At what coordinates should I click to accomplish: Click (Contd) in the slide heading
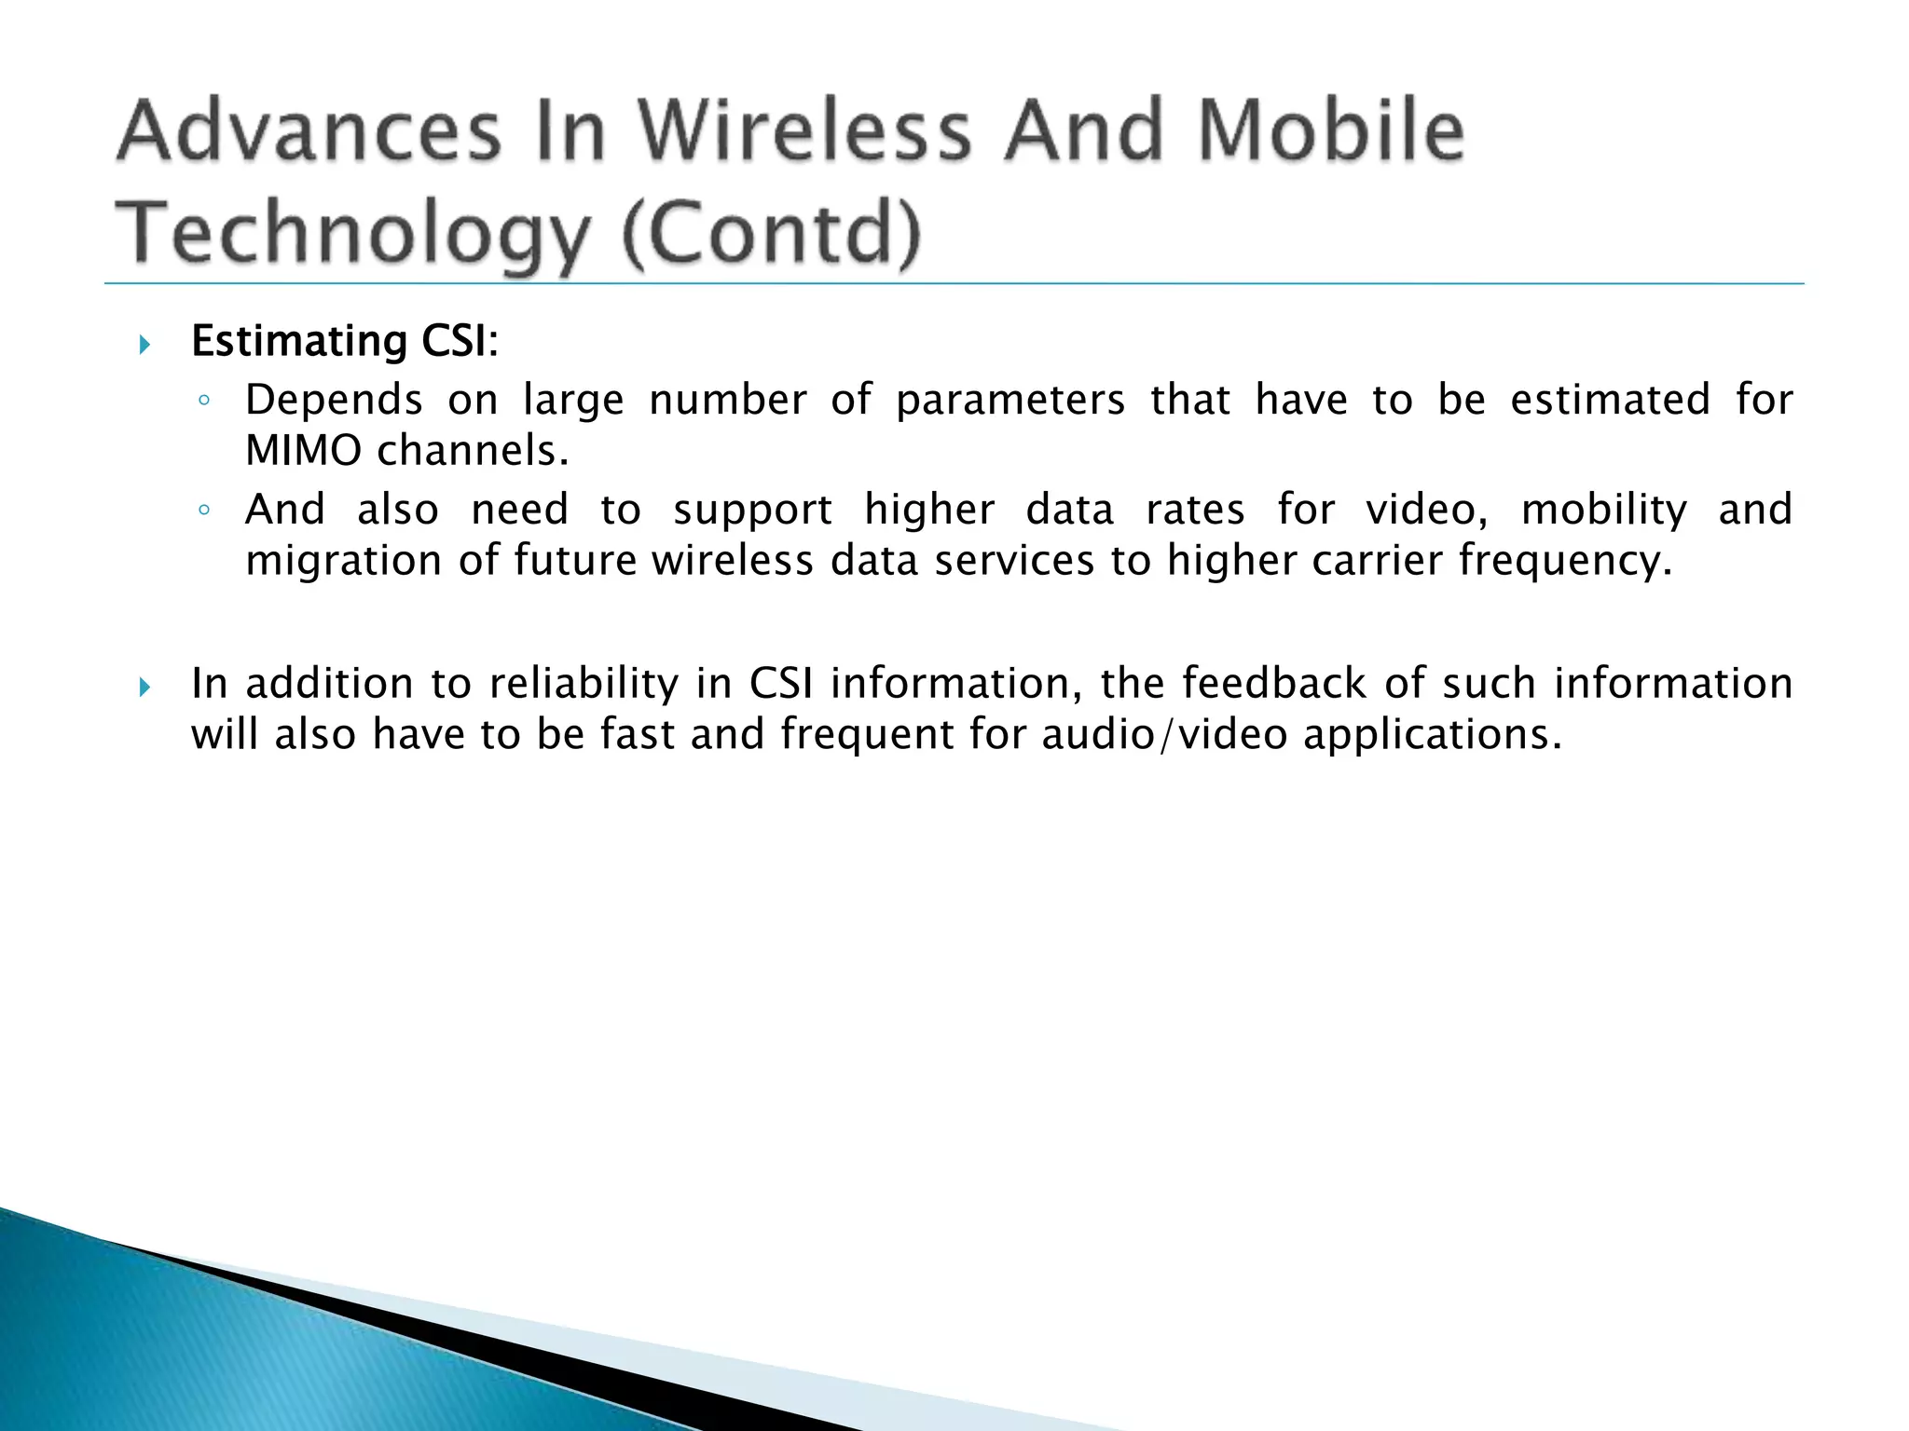770,235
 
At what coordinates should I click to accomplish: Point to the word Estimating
299,342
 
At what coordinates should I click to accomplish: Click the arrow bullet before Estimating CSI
144,346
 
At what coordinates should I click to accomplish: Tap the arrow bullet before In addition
144,688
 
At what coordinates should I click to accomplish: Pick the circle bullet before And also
204,511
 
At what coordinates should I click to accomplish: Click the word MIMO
303,451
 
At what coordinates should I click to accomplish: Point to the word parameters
1010,401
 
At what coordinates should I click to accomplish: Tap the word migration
343,561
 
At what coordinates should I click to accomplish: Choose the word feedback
1275,684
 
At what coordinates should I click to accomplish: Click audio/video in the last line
1164,734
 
